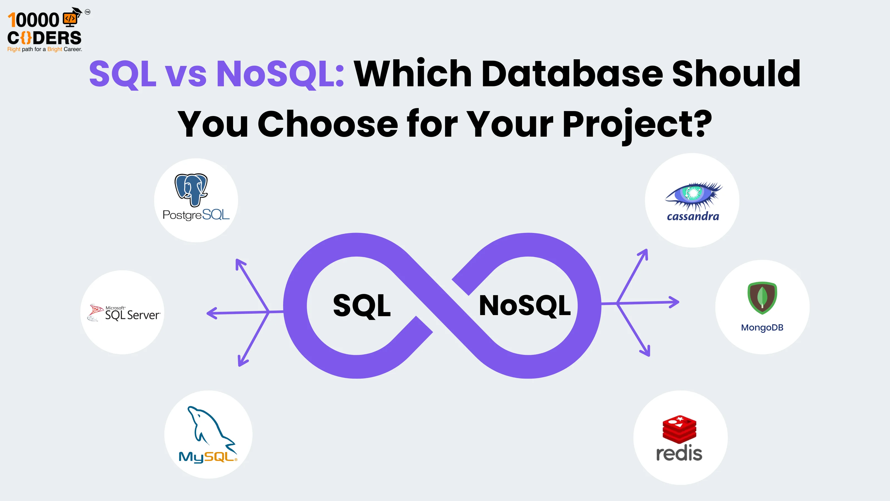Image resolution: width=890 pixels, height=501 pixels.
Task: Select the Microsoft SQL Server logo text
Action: [x=132, y=314]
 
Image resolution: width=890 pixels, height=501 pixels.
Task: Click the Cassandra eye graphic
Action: [x=693, y=194]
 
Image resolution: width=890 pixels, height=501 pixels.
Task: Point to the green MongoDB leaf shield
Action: [x=762, y=297]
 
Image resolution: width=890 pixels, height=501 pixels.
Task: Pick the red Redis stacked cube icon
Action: [x=679, y=429]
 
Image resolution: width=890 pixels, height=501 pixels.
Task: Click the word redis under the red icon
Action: [x=679, y=453]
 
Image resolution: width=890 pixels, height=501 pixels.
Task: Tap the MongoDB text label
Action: [x=762, y=327]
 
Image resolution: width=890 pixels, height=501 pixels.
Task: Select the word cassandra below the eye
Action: [x=693, y=217]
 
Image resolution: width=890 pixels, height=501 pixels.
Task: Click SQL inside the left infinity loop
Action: [x=362, y=306]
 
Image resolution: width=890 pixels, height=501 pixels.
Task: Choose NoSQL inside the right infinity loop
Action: [x=525, y=306]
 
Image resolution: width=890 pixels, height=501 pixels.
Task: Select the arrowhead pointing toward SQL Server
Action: [x=211, y=313]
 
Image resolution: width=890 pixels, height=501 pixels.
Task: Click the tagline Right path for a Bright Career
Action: [x=44, y=49]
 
